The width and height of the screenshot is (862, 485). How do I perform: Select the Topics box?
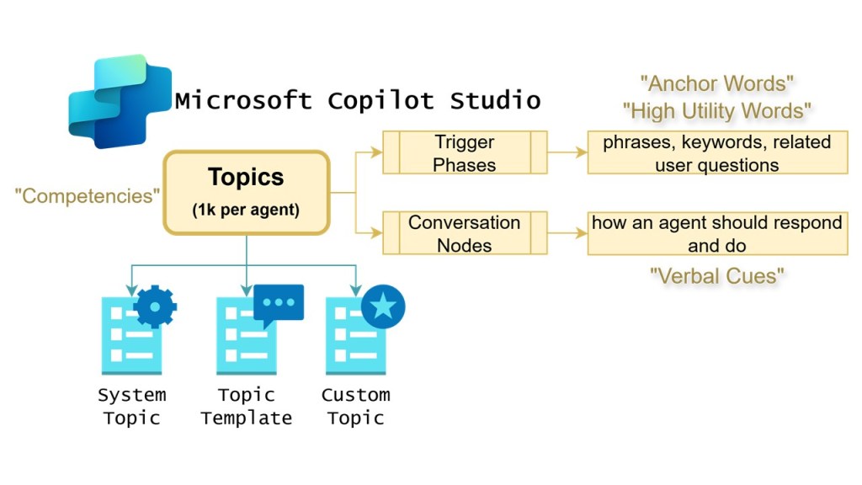click(246, 192)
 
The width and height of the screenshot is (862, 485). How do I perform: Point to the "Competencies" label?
click(88, 196)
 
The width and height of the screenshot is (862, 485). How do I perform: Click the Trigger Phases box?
click(465, 152)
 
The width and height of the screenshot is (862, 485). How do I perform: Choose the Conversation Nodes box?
click(465, 233)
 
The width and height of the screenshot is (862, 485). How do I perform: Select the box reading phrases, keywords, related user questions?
click(717, 152)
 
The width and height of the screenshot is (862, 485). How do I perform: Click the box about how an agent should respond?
click(717, 233)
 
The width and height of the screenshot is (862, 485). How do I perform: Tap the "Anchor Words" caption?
click(717, 83)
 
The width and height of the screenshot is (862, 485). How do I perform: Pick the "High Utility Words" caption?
click(717, 110)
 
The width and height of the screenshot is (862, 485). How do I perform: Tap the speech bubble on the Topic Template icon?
click(278, 305)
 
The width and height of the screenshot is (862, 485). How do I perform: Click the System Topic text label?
click(131, 406)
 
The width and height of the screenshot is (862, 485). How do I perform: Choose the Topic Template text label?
click(246, 406)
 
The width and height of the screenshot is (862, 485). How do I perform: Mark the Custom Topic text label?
click(355, 406)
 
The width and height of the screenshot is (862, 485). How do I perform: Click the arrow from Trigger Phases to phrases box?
click(567, 152)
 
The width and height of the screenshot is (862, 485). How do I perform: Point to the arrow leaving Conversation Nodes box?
click(567, 233)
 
